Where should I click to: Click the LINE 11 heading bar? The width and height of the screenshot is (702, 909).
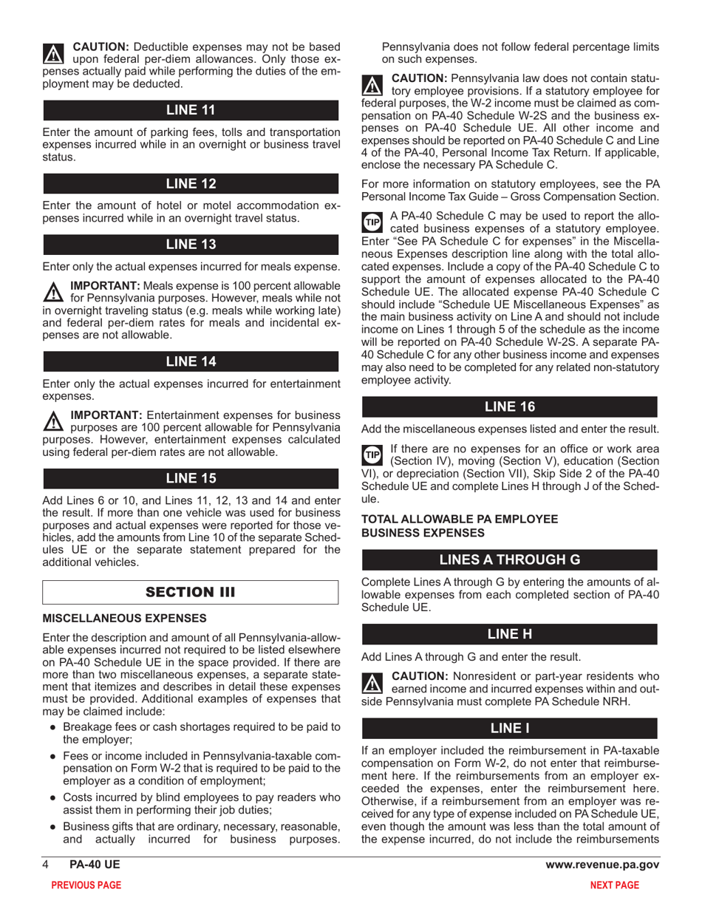[x=191, y=110]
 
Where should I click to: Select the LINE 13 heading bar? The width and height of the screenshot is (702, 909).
[x=191, y=243]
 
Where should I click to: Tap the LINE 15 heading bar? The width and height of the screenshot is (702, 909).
[x=191, y=478]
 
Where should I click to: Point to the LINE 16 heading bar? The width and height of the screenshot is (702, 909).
[x=508, y=406]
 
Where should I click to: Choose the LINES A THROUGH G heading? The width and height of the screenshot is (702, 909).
[x=508, y=559]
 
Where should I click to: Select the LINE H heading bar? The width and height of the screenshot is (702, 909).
[x=508, y=634]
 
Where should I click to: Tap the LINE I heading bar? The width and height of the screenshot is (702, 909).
[x=508, y=727]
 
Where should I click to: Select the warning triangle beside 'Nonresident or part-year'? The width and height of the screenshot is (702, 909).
[x=371, y=682]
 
